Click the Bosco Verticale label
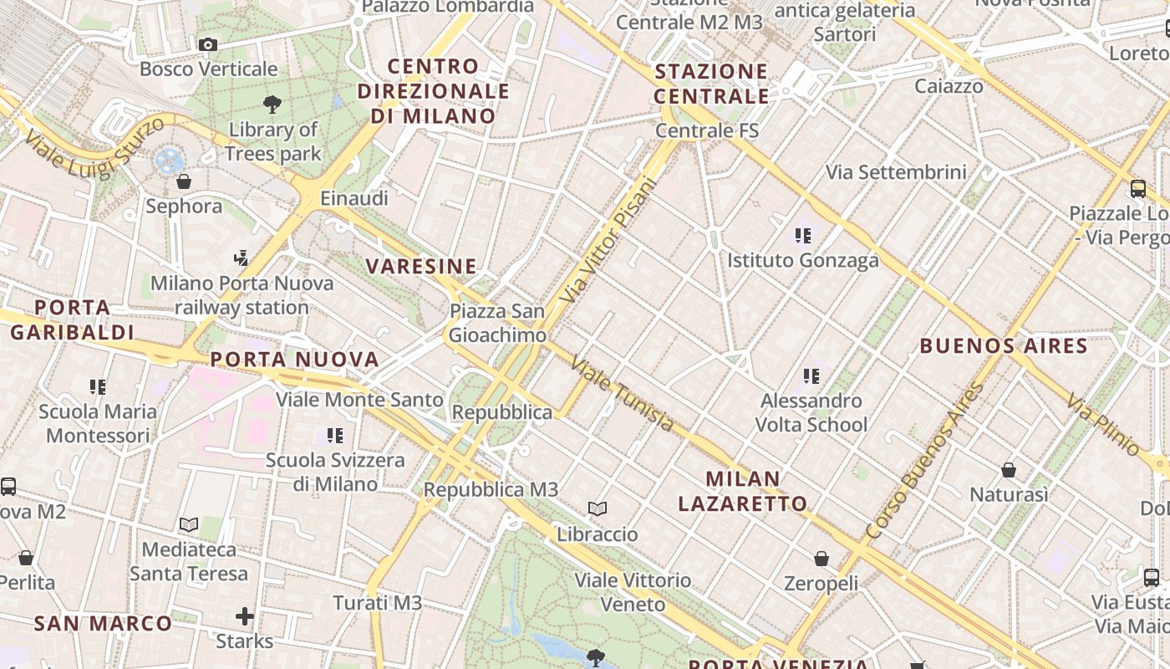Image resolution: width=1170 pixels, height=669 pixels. pyautogui.click(x=208, y=69)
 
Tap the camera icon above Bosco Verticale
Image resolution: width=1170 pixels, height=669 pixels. pyautogui.click(x=208, y=44)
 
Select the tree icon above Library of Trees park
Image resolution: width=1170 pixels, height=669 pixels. pyautogui.click(x=272, y=105)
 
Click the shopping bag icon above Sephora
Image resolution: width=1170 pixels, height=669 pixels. pyautogui.click(x=184, y=181)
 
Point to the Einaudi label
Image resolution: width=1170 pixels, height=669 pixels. pyautogui.click(x=354, y=198)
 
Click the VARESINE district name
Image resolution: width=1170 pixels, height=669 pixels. pyautogui.click(x=421, y=267)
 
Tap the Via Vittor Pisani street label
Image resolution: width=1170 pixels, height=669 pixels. pyautogui.click(x=609, y=240)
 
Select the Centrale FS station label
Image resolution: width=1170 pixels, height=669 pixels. pyautogui.click(x=707, y=130)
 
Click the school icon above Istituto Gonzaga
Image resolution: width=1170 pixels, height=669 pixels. pyautogui.click(x=803, y=236)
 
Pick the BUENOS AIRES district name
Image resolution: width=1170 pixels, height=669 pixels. pyautogui.click(x=1004, y=345)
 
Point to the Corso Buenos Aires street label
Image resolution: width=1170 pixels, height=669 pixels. pyautogui.click(x=926, y=461)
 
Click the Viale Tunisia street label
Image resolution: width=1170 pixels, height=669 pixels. pyautogui.click(x=623, y=394)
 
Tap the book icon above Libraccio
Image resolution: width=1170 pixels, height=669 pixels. pyautogui.click(x=598, y=508)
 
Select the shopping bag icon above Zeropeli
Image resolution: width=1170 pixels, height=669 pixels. pyautogui.click(x=822, y=558)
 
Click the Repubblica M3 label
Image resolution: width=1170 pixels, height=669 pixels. pyautogui.click(x=491, y=489)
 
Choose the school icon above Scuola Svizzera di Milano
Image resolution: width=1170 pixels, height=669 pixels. pyautogui.click(x=335, y=435)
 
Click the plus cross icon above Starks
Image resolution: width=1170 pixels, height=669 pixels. pyautogui.click(x=245, y=617)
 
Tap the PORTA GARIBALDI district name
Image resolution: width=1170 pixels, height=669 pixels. pyautogui.click(x=72, y=319)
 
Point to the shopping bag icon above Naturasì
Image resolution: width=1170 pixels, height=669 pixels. pyautogui.click(x=1009, y=470)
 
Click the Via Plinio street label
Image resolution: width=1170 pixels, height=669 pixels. pyautogui.click(x=1103, y=424)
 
